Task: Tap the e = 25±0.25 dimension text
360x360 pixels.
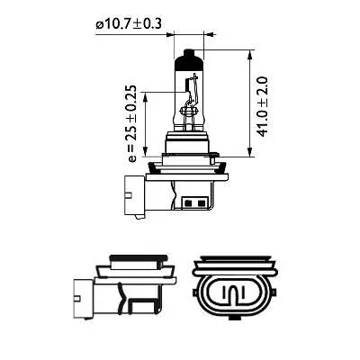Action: point(132,125)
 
